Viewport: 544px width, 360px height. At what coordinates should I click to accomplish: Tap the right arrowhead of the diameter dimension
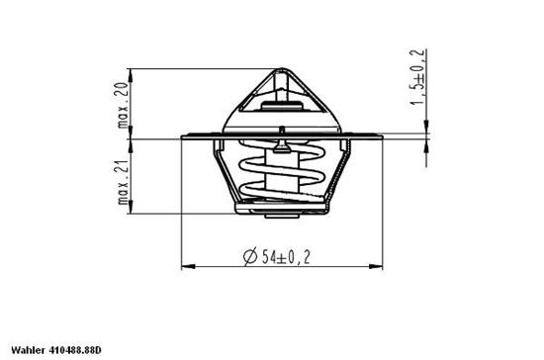[378, 266]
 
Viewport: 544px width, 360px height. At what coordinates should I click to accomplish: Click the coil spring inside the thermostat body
[282, 178]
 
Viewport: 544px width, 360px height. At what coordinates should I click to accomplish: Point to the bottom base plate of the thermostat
[283, 211]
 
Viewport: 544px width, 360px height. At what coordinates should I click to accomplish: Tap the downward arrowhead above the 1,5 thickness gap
[426, 127]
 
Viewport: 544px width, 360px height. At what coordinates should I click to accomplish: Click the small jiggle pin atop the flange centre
[283, 131]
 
